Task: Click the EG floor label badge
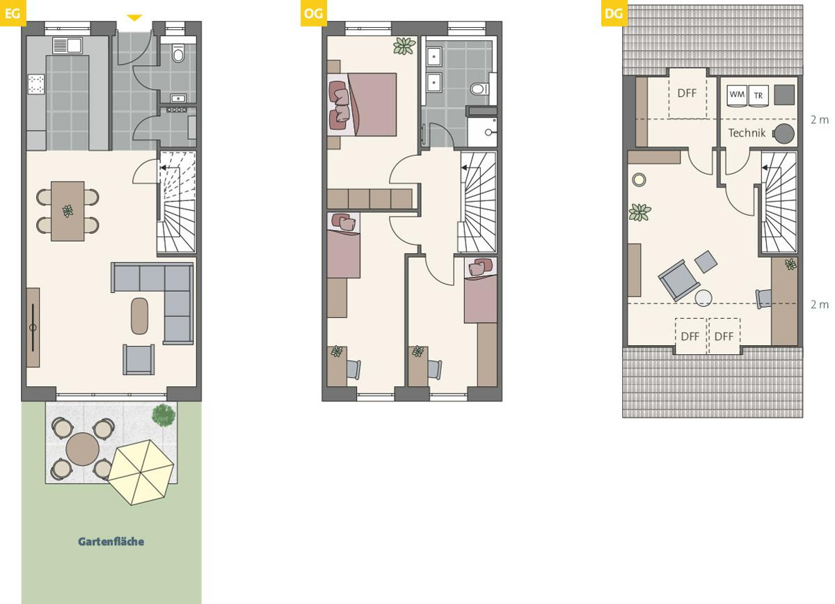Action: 13,13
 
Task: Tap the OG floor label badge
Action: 314,13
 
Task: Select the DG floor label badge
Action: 614,13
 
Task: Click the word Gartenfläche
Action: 111,542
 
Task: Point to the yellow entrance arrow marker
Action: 134,17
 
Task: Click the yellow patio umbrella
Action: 141,472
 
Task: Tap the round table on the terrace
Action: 83,450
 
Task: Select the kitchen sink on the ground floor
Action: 67,45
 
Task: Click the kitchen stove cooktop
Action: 36,84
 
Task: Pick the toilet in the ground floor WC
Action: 179,54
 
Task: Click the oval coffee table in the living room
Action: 139,316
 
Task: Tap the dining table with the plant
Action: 67,212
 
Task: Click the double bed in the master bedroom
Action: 362,104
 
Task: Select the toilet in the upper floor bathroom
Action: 479,89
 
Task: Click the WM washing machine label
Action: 737,95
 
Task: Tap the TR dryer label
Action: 758,96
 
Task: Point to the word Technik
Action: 747,133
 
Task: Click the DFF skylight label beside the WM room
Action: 687,93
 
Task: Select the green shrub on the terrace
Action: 164,415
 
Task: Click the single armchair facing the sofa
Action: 138,360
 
